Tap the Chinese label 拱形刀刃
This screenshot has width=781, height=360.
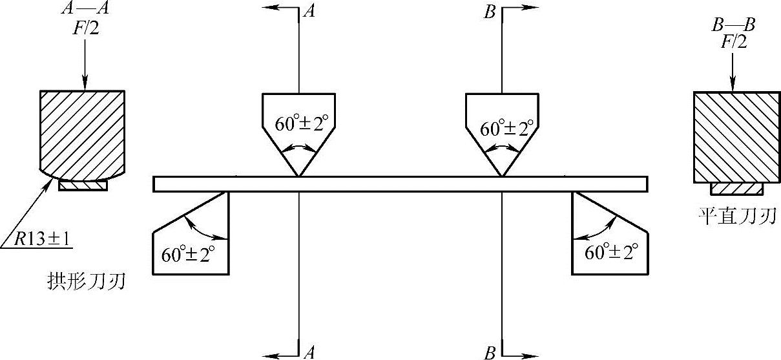pos(86,282)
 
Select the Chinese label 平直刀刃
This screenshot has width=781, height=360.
pos(736,216)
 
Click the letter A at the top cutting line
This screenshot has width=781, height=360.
pos(310,12)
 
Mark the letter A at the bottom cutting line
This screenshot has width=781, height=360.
pos(310,352)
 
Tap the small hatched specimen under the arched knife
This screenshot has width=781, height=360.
pos(83,185)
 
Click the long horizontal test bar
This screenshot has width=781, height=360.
pos(401,184)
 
